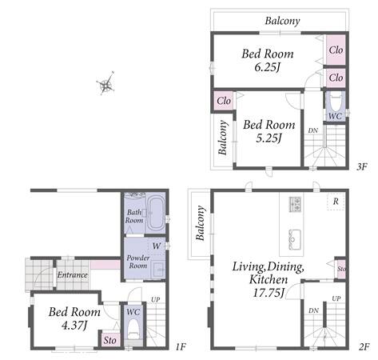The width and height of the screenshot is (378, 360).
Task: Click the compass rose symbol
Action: pyautogui.click(x=106, y=84)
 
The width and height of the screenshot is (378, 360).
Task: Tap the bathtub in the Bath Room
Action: pyautogui.click(x=155, y=214)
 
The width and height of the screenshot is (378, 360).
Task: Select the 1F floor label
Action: pyautogui.click(x=181, y=346)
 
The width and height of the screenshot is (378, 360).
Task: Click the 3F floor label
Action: pyautogui.click(x=362, y=167)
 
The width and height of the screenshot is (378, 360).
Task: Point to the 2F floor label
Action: pyautogui.click(x=364, y=346)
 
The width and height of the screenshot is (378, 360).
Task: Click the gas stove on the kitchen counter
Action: pyautogui.click(x=295, y=205)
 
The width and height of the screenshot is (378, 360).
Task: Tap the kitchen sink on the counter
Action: pyautogui.click(x=295, y=239)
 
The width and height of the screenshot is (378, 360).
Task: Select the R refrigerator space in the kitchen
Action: pyautogui.click(x=336, y=202)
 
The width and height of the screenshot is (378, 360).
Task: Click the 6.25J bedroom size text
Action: pyautogui.click(x=267, y=67)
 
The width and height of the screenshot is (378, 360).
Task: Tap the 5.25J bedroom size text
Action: pyautogui.click(x=269, y=138)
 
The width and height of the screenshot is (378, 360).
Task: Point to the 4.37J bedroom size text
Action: pyautogui.click(x=74, y=326)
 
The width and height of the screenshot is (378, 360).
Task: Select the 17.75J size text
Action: pyautogui.click(x=269, y=293)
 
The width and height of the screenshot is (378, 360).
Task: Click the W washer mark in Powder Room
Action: pyautogui.click(x=157, y=246)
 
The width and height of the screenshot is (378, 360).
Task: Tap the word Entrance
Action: pyautogui.click(x=73, y=275)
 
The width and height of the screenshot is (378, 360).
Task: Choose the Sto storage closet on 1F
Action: pyautogui.click(x=110, y=338)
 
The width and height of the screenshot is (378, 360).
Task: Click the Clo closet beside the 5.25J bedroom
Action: pyautogui.click(x=224, y=101)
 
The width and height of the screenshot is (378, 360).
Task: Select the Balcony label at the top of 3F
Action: pyautogui.click(x=282, y=21)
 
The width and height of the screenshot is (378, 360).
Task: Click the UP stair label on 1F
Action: pyautogui.click(x=156, y=300)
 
